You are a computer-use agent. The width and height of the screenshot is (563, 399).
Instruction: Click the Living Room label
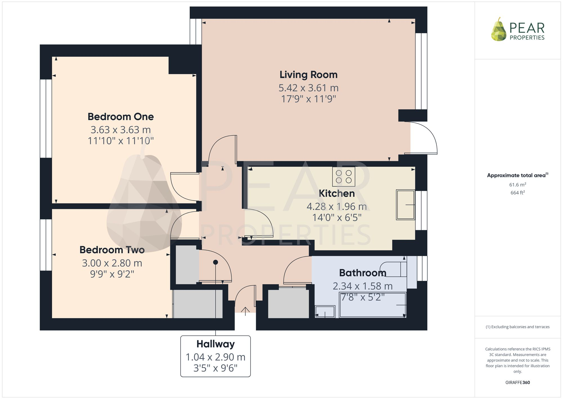click(x=309, y=75)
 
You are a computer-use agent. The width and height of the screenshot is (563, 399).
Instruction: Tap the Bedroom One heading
click(x=121, y=116)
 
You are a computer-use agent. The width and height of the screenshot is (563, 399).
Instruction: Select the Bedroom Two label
click(x=112, y=250)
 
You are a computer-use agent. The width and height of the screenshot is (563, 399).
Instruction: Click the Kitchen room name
click(x=337, y=193)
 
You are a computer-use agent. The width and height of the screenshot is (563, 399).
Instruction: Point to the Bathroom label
click(x=363, y=273)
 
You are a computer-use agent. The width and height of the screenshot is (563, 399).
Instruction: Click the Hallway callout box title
click(x=216, y=344)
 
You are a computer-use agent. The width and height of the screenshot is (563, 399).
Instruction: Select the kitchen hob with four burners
click(x=344, y=177)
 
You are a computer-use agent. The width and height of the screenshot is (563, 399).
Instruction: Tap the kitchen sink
click(x=405, y=204)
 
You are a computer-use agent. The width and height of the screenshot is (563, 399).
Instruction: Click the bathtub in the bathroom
click(x=373, y=305)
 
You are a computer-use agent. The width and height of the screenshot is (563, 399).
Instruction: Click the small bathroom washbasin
click(x=325, y=312)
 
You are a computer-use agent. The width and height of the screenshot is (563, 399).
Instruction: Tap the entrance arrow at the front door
click(x=245, y=311)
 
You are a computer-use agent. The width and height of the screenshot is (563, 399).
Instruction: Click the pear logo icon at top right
click(x=499, y=29)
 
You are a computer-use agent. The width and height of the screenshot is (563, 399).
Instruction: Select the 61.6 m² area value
click(x=518, y=185)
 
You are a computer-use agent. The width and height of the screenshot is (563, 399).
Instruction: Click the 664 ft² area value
click(x=518, y=193)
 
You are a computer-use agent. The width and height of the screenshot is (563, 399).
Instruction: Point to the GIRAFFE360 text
click(x=518, y=383)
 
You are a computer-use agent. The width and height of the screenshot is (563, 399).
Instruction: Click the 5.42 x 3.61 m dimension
click(x=309, y=88)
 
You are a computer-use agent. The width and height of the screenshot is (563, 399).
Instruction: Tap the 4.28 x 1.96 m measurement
click(x=337, y=206)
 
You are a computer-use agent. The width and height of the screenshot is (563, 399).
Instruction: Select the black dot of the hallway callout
click(x=216, y=262)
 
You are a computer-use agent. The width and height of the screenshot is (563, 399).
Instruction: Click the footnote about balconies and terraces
click(x=518, y=327)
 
